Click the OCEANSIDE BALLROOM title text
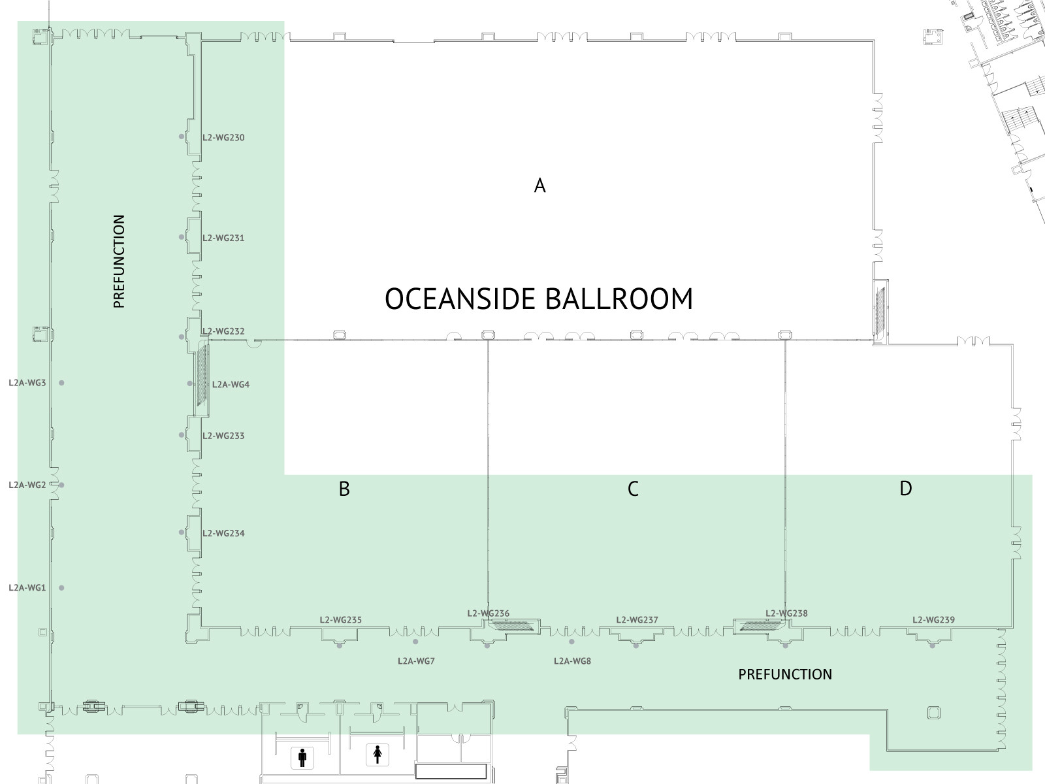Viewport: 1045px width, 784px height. tap(538, 299)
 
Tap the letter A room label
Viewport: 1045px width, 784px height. tap(539, 185)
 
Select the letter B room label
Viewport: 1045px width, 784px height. tap(344, 489)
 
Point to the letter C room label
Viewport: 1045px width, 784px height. tap(633, 489)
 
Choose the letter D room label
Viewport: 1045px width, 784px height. tap(905, 489)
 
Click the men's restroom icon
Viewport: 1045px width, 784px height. tap(302, 758)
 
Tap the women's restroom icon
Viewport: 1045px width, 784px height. tap(378, 755)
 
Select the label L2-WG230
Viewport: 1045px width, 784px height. tap(223, 138)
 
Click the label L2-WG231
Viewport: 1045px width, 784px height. tap(223, 238)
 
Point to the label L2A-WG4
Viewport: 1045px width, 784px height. tap(231, 385)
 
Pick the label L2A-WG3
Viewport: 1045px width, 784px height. tap(27, 383)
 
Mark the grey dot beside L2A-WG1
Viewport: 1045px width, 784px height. tap(61, 588)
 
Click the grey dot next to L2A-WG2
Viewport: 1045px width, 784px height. tap(61, 485)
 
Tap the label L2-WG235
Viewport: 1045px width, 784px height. tap(340, 620)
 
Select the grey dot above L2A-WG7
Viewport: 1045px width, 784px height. tap(415, 642)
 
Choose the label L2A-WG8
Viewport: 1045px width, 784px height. tap(572, 661)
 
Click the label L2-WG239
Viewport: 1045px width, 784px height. tap(933, 620)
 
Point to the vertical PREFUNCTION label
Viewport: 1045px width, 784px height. tap(119, 261)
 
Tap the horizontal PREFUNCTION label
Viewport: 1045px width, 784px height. tap(785, 674)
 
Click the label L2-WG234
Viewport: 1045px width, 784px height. tap(223, 533)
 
